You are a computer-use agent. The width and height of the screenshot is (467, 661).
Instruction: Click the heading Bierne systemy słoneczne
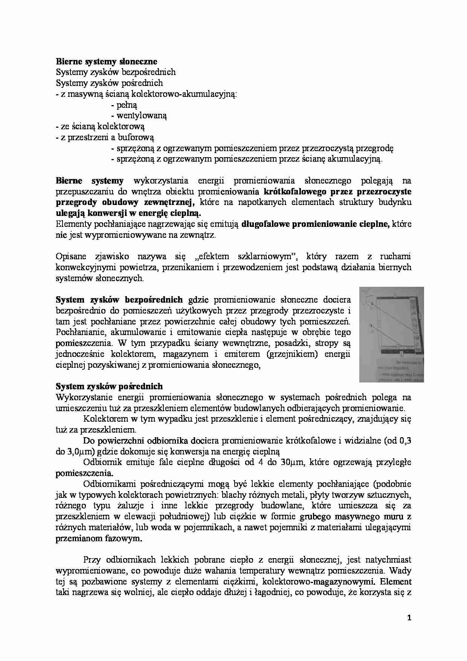[107, 61]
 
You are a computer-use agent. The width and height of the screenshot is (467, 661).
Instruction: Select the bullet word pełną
[127, 105]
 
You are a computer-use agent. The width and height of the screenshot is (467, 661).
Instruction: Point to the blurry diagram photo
[391, 334]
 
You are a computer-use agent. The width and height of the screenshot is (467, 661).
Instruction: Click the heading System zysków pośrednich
[109, 386]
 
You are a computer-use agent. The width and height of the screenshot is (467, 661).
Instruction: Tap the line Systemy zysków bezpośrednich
[116, 72]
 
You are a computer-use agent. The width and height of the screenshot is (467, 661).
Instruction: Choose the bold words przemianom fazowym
[99, 539]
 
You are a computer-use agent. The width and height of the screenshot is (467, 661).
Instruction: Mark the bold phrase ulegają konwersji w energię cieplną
[128, 213]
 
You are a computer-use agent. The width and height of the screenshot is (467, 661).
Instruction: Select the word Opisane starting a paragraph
[70, 257]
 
